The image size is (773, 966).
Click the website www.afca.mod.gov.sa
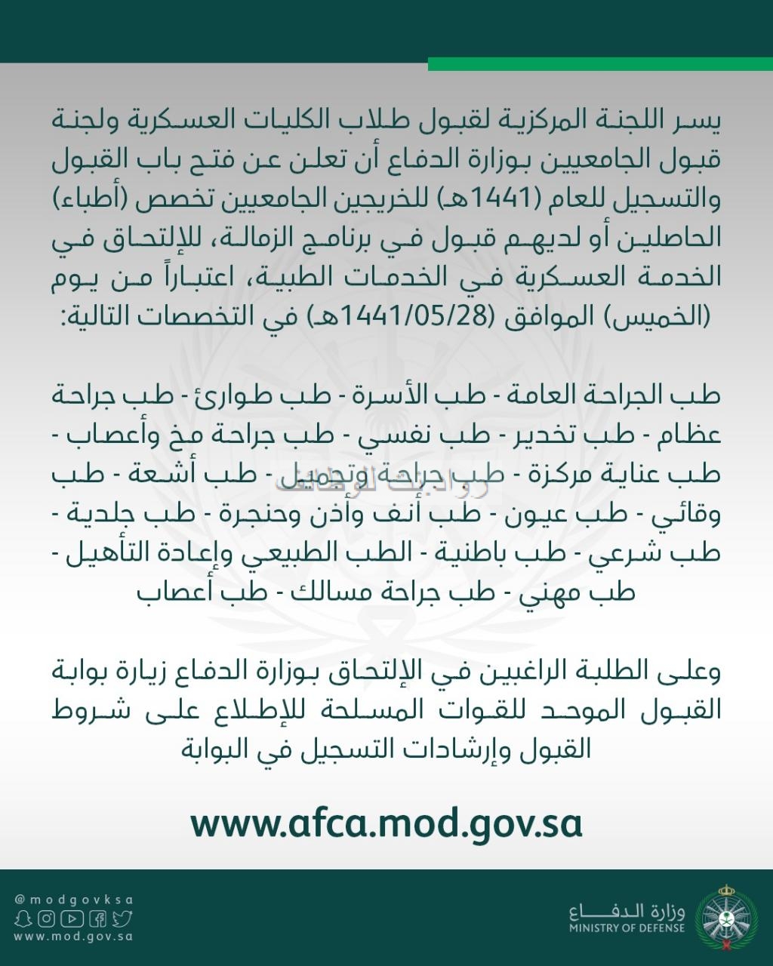pyautogui.click(x=386, y=824)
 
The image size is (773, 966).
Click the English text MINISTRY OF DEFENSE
pyautogui.click(x=627, y=928)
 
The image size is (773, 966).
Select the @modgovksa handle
pyautogui.click(x=74, y=900)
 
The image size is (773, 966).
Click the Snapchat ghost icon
pyautogui.click(x=23, y=918)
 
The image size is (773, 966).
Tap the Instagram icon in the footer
pyautogui.click(x=47, y=918)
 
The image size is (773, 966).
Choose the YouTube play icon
pyautogui.click(x=72, y=918)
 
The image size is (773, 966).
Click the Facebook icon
pyautogui.click(x=97, y=918)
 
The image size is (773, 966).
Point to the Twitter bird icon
pyautogui.click(x=122, y=918)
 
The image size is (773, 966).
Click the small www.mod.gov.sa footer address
pyautogui.click(x=74, y=937)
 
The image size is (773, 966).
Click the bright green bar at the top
pyautogui.click(x=600, y=64)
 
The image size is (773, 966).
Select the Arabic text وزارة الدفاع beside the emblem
pyautogui.click(x=627, y=910)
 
